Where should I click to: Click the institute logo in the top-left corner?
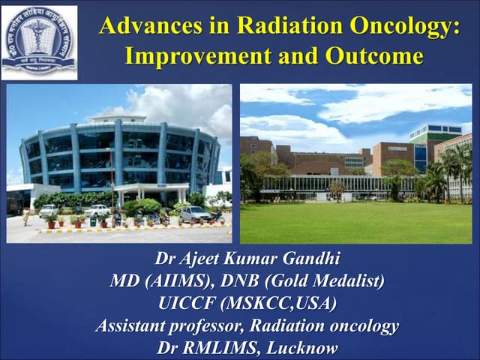[x=39, y=43]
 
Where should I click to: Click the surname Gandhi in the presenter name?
[x=308, y=259]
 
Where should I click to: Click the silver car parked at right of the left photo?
[x=195, y=214]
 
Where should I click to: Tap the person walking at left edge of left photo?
[x=25, y=217]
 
